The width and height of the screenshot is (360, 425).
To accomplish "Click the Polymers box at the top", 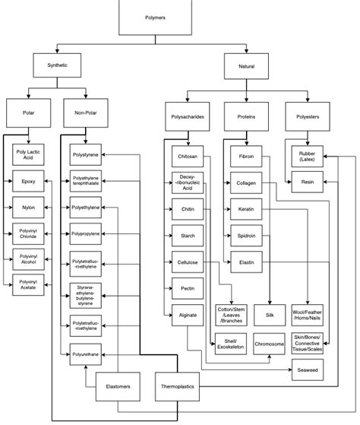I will click(x=156, y=17).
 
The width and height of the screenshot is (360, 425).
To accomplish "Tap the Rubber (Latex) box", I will click(x=306, y=156).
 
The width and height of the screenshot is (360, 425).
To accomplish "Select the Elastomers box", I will click(x=117, y=387).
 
